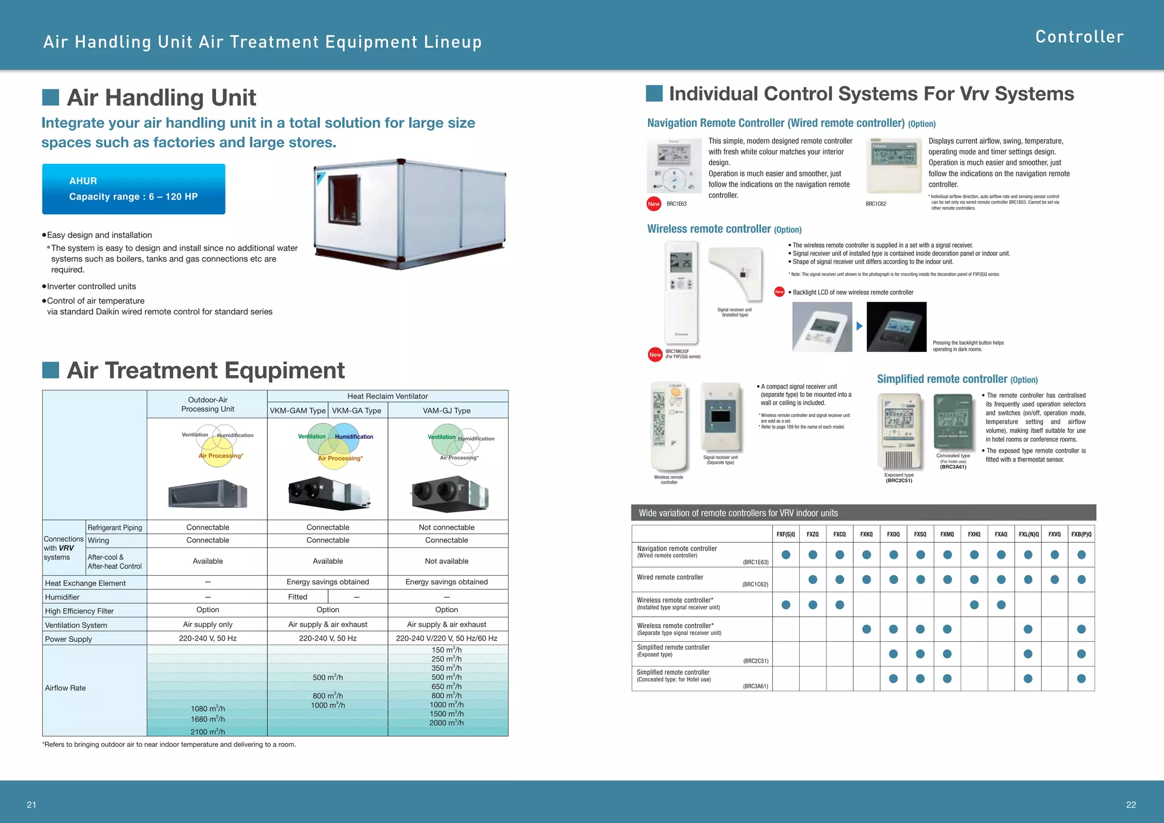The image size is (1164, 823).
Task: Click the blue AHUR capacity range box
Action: click(134, 189)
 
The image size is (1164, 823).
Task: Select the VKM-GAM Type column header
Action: click(298, 410)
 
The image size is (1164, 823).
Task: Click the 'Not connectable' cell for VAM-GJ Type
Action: click(447, 527)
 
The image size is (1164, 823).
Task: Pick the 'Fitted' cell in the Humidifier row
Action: click(298, 597)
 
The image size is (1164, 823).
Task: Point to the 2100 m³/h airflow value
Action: click(207, 731)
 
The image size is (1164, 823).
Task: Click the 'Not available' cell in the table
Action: click(447, 561)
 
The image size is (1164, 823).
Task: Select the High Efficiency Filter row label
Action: click(80, 611)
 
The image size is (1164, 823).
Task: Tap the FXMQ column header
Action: click(947, 534)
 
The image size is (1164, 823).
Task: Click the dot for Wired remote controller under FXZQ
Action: click(813, 580)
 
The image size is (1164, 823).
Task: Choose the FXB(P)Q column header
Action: click(1081, 534)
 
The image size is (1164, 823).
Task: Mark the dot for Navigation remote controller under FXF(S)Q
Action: click(786, 555)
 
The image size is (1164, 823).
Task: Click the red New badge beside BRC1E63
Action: click(654, 204)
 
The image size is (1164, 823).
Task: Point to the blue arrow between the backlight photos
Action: click(859, 326)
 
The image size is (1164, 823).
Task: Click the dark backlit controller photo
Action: click(896, 327)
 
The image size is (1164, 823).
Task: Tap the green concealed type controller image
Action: click(953, 422)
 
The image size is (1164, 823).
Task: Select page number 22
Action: click(1130, 804)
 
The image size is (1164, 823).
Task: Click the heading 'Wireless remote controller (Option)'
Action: click(724, 229)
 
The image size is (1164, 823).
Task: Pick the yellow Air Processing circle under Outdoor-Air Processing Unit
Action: click(218, 452)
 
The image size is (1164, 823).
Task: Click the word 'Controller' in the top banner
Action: click(1079, 37)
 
